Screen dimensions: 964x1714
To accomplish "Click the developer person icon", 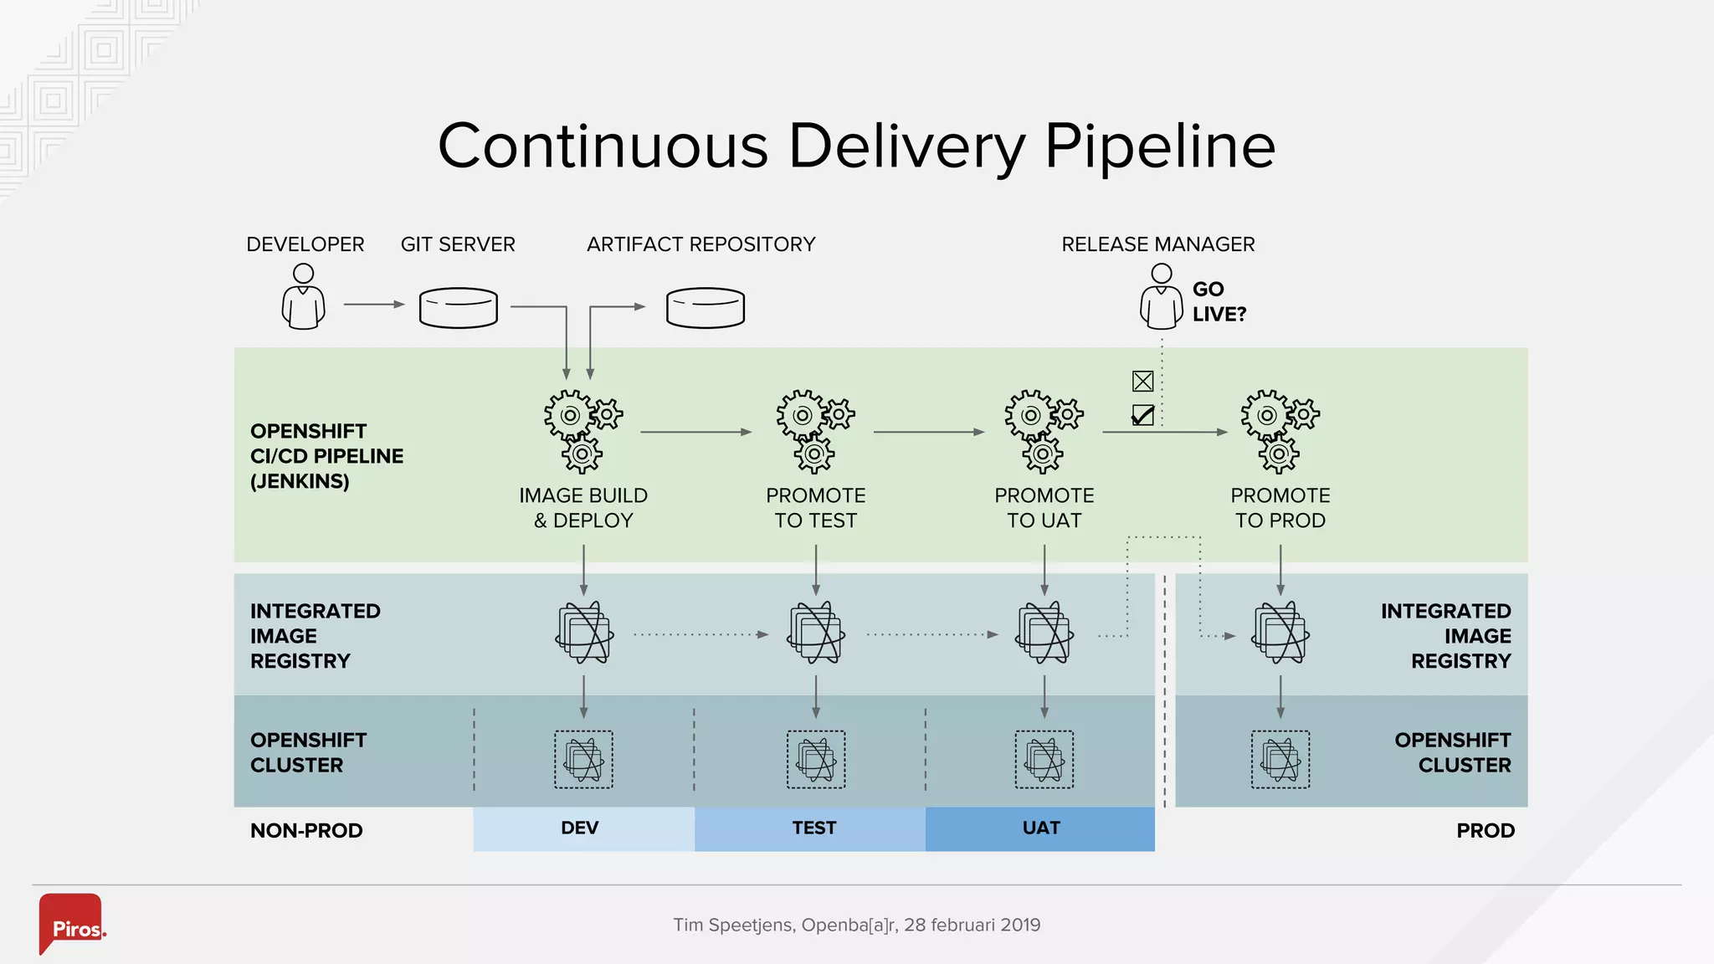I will click(303, 297).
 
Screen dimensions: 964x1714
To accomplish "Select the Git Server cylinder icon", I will click(458, 307).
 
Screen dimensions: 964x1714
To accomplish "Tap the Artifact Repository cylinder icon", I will click(705, 307).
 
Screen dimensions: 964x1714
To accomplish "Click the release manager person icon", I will click(1161, 297).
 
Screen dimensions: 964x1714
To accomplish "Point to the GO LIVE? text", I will click(1218, 301).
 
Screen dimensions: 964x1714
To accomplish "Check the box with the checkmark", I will click(1142, 415).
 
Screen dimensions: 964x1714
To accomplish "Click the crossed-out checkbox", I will click(1142, 382).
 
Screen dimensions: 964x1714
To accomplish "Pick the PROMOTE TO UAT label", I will click(1044, 508).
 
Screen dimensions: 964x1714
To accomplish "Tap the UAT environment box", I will click(1040, 828).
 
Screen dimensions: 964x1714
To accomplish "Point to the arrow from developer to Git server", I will click(373, 305).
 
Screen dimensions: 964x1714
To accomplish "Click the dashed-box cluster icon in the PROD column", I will click(1280, 760).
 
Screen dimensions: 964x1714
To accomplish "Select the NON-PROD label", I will click(306, 831).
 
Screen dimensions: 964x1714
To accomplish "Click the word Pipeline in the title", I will click(1160, 147).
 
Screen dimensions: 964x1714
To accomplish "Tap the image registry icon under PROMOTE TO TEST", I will click(815, 633).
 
